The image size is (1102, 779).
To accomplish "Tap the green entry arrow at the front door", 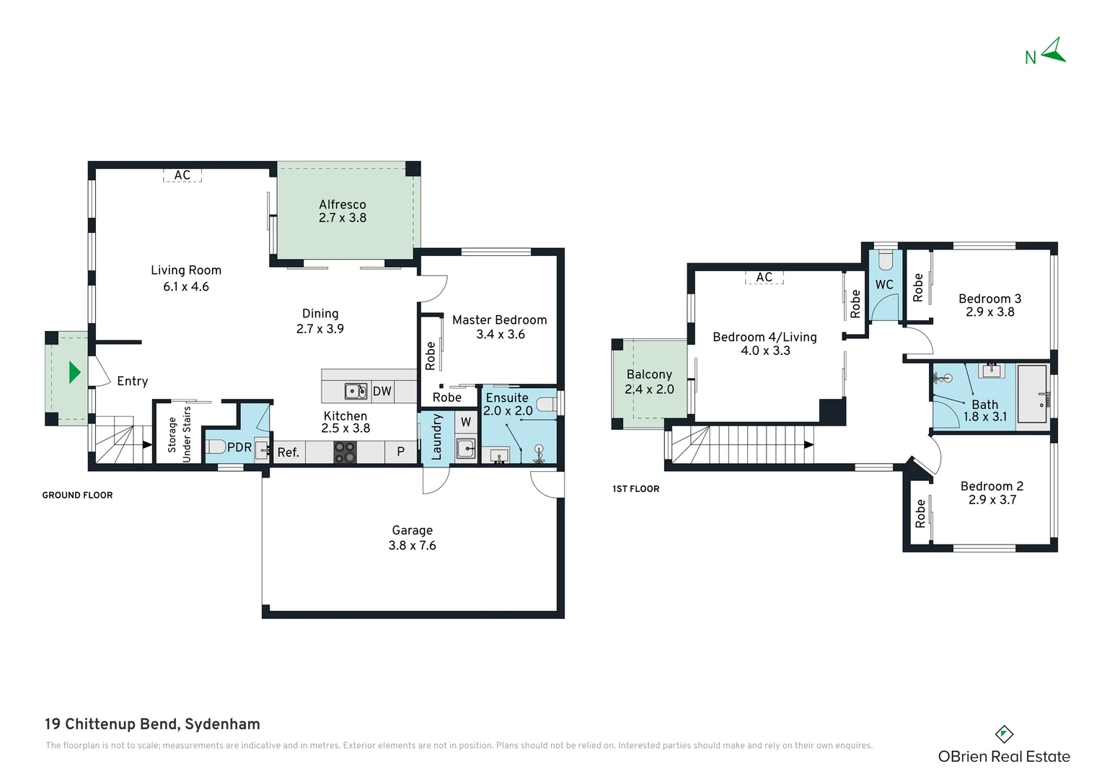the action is pos(74,372).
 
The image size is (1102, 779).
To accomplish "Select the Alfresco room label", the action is pos(343,204).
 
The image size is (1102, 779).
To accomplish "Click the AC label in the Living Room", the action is pos(182,175).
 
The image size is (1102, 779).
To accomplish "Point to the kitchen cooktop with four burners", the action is pos(345,452).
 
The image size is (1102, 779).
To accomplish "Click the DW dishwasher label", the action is pos(382,391).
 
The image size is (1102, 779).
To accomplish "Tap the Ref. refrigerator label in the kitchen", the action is pos(288,452).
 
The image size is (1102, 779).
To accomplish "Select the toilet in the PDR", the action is pos(215,446).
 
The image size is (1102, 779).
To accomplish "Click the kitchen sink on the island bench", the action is pos(356,391).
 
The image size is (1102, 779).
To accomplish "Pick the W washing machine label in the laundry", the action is pos(466,422).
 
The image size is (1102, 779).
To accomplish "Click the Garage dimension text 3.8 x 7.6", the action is pos(413,545).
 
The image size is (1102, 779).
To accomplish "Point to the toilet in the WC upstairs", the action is pos(885,261).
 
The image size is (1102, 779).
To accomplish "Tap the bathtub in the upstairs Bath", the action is pos(1033,394).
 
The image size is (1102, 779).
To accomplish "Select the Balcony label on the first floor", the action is pos(649,374).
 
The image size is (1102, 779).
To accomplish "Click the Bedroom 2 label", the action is pos(992,486).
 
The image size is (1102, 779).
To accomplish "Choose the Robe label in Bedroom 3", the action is pos(918,287).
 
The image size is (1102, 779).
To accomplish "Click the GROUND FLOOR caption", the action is pos(77,495).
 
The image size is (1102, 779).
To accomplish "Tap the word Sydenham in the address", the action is pos(222,724).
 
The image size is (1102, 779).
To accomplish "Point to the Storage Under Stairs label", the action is pos(179,434).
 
